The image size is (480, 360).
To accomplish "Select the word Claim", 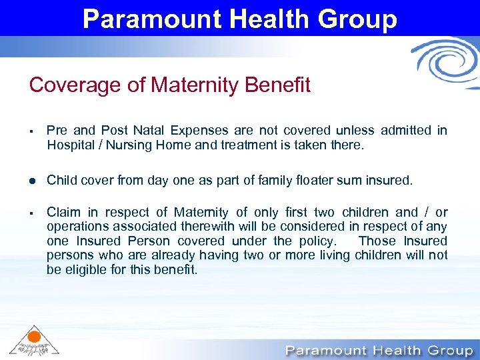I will point(63,213).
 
